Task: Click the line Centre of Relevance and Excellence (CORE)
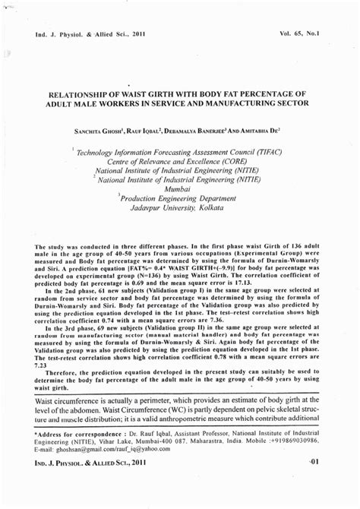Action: click(178, 162)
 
